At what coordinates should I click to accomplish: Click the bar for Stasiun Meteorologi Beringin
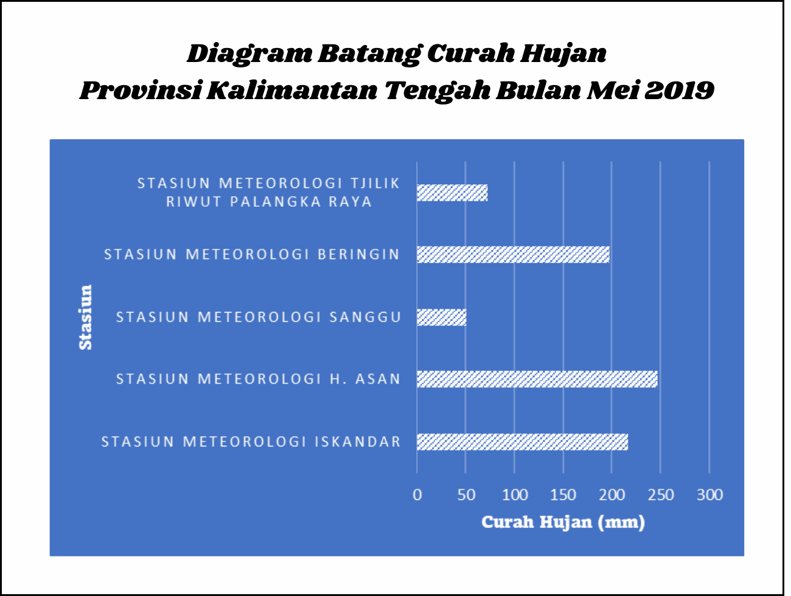[x=513, y=255]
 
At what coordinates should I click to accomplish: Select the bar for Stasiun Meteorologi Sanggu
[x=442, y=317]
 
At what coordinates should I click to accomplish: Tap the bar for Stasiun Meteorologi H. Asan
[x=537, y=379]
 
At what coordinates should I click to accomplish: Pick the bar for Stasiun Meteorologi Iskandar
[x=523, y=442]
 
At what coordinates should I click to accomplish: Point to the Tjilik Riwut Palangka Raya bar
[x=452, y=193]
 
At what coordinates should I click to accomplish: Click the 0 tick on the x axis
[x=417, y=495]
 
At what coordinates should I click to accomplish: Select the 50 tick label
[x=466, y=495]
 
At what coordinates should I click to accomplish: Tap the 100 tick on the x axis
[x=515, y=495]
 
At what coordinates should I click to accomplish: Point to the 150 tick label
[x=563, y=495]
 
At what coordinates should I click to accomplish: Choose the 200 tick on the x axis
[x=612, y=495]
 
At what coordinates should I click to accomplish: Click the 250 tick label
[x=661, y=495]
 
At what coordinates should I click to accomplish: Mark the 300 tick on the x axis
[x=710, y=495]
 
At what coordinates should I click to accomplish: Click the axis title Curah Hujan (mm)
[x=563, y=522]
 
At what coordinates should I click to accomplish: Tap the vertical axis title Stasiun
[x=86, y=317]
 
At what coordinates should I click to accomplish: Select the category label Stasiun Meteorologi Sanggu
[x=259, y=317]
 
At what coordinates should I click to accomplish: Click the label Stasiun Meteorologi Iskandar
[x=251, y=442]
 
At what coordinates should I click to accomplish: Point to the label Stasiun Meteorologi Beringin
[x=252, y=255]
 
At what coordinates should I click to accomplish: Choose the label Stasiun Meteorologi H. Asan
[x=259, y=379]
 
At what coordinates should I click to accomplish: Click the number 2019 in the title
[x=679, y=90]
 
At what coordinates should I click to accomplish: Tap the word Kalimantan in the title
[x=292, y=90]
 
